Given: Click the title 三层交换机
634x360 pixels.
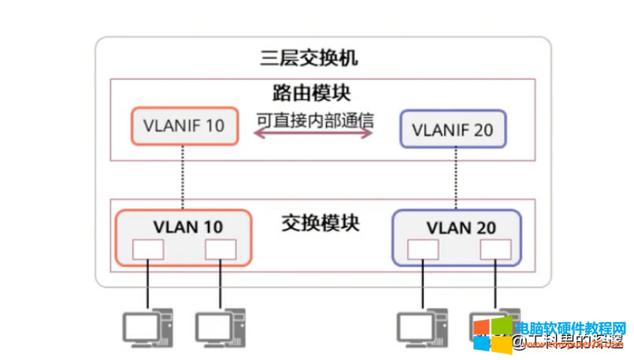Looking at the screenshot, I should click(310, 58).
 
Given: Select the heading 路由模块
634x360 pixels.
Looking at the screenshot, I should click(310, 93).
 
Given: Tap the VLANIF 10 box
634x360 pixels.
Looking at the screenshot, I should click(184, 126).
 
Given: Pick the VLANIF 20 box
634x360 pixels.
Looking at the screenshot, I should click(453, 128).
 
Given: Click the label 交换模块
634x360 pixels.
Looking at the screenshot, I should click(320, 223).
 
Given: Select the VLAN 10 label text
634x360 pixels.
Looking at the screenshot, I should click(187, 227).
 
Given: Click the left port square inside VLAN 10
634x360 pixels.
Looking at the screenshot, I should click(147, 249).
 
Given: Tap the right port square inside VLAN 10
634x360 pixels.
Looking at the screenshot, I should click(221, 249).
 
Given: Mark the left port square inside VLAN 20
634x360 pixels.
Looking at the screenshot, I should click(423, 249).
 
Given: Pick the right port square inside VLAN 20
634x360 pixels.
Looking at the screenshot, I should click(495, 249).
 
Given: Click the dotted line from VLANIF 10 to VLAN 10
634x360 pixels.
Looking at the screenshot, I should click(183, 177).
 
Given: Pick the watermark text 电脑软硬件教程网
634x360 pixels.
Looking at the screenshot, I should click(570, 328).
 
